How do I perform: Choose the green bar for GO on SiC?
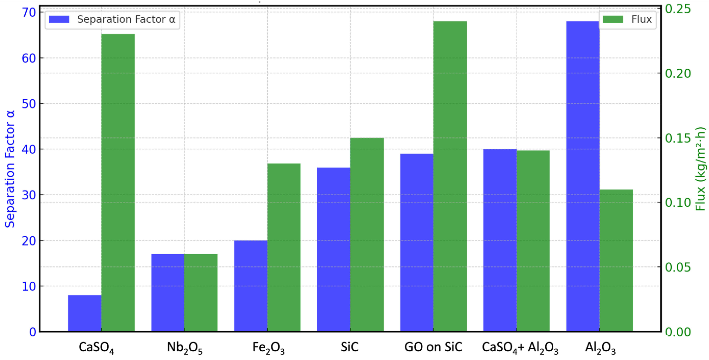(x=450, y=176)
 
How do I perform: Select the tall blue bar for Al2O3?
(x=583, y=176)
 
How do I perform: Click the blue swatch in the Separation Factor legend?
(x=59, y=19)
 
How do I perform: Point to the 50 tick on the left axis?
(x=29, y=104)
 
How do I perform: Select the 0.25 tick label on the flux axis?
(x=678, y=9)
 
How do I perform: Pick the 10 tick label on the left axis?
(x=29, y=286)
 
